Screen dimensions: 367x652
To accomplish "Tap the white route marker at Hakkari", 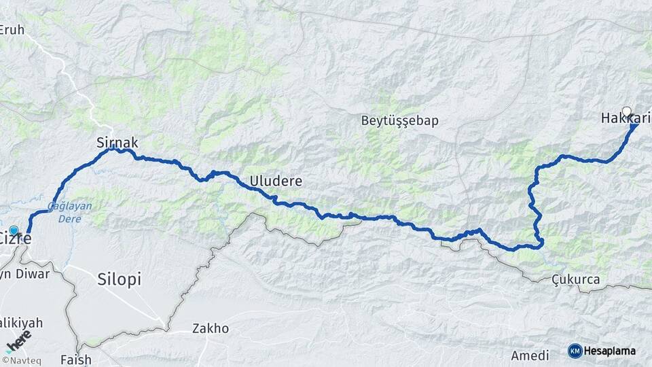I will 626,111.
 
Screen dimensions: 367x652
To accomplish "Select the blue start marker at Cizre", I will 14,230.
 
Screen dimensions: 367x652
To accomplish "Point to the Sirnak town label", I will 117,143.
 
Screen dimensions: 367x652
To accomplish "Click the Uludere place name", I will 276,181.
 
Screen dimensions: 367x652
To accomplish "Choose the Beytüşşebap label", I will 399,121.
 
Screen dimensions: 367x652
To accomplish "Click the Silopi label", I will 119,279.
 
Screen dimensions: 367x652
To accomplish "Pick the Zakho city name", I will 211,329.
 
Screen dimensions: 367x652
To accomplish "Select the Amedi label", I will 530,356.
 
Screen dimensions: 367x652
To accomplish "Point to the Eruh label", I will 12,29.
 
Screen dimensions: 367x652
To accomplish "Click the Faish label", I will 75,359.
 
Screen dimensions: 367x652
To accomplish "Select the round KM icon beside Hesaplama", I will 575,351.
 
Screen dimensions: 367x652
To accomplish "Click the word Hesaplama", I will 610,351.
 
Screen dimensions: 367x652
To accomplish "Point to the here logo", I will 18,340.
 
